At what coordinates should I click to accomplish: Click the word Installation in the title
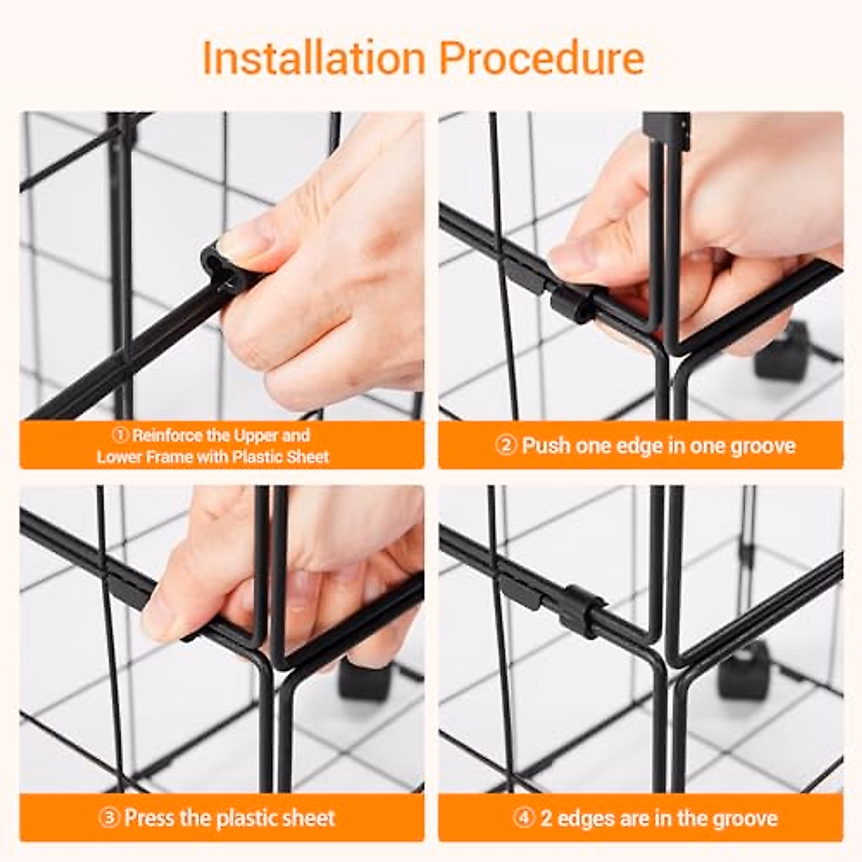click(313, 58)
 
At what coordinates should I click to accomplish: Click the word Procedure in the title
click(542, 58)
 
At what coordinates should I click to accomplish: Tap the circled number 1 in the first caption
click(121, 435)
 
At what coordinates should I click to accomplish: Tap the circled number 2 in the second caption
click(506, 446)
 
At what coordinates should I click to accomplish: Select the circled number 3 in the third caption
click(108, 818)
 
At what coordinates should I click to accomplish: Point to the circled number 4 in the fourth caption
click(524, 819)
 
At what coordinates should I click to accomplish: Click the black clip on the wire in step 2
click(571, 302)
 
